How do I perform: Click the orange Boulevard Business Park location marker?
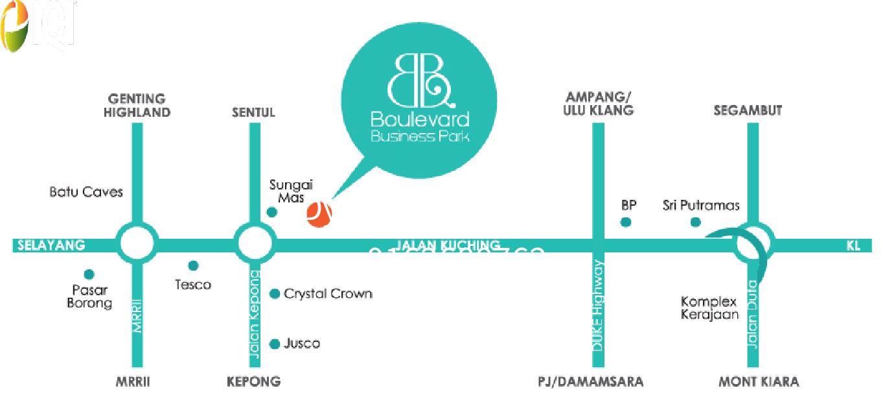319,215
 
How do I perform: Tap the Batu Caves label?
86,192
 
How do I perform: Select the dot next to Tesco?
193,265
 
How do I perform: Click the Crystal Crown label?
328,294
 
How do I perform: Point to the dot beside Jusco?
275,344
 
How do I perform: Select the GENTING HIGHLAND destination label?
137,106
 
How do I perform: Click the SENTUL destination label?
253,112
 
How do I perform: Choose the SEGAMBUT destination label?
748,110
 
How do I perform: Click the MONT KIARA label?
759,382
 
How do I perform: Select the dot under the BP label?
625,223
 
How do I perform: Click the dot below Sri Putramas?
695,223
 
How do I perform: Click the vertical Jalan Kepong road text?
254,314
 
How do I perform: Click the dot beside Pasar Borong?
89,274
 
